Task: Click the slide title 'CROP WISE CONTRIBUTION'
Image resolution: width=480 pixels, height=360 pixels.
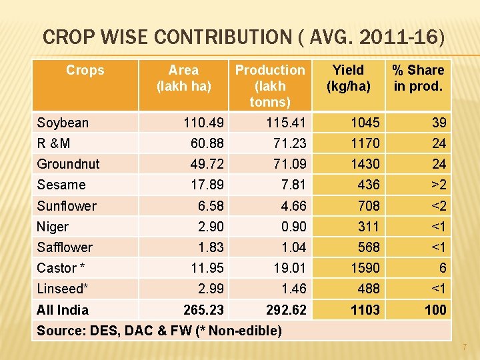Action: pos(243,37)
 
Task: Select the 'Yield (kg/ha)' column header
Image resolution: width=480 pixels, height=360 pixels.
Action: pos(348,78)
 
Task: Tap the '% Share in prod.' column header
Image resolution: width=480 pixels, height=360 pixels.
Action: pos(417,78)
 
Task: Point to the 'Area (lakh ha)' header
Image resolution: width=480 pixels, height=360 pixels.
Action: pos(183,78)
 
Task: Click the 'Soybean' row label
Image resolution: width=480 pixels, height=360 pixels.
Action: pos(63,123)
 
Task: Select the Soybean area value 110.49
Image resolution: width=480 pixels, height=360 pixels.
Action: pos(204,123)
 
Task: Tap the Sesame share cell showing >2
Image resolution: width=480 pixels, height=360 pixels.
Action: pos(437,185)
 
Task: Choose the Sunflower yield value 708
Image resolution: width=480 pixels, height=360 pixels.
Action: pos(368,206)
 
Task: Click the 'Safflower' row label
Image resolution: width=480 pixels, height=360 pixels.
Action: pos(65,247)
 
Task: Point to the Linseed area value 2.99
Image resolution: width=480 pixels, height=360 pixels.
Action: pos(211,289)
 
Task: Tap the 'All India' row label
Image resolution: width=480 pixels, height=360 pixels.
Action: pos(63,310)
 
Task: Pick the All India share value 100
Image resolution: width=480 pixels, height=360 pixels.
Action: pos(436,310)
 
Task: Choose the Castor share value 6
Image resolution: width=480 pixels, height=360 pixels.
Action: pos(441,268)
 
